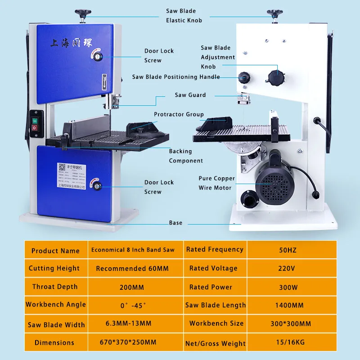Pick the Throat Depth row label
[55, 287]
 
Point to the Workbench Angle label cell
[55, 305]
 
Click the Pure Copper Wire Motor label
[217, 183]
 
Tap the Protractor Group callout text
[179, 115]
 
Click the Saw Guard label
[190, 95]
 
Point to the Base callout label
[175, 223]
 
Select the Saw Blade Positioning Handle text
[176, 77]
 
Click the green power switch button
[35, 121]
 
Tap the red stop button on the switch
[35, 128]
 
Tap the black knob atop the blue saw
[83, 14]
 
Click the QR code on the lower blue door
[62, 167]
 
